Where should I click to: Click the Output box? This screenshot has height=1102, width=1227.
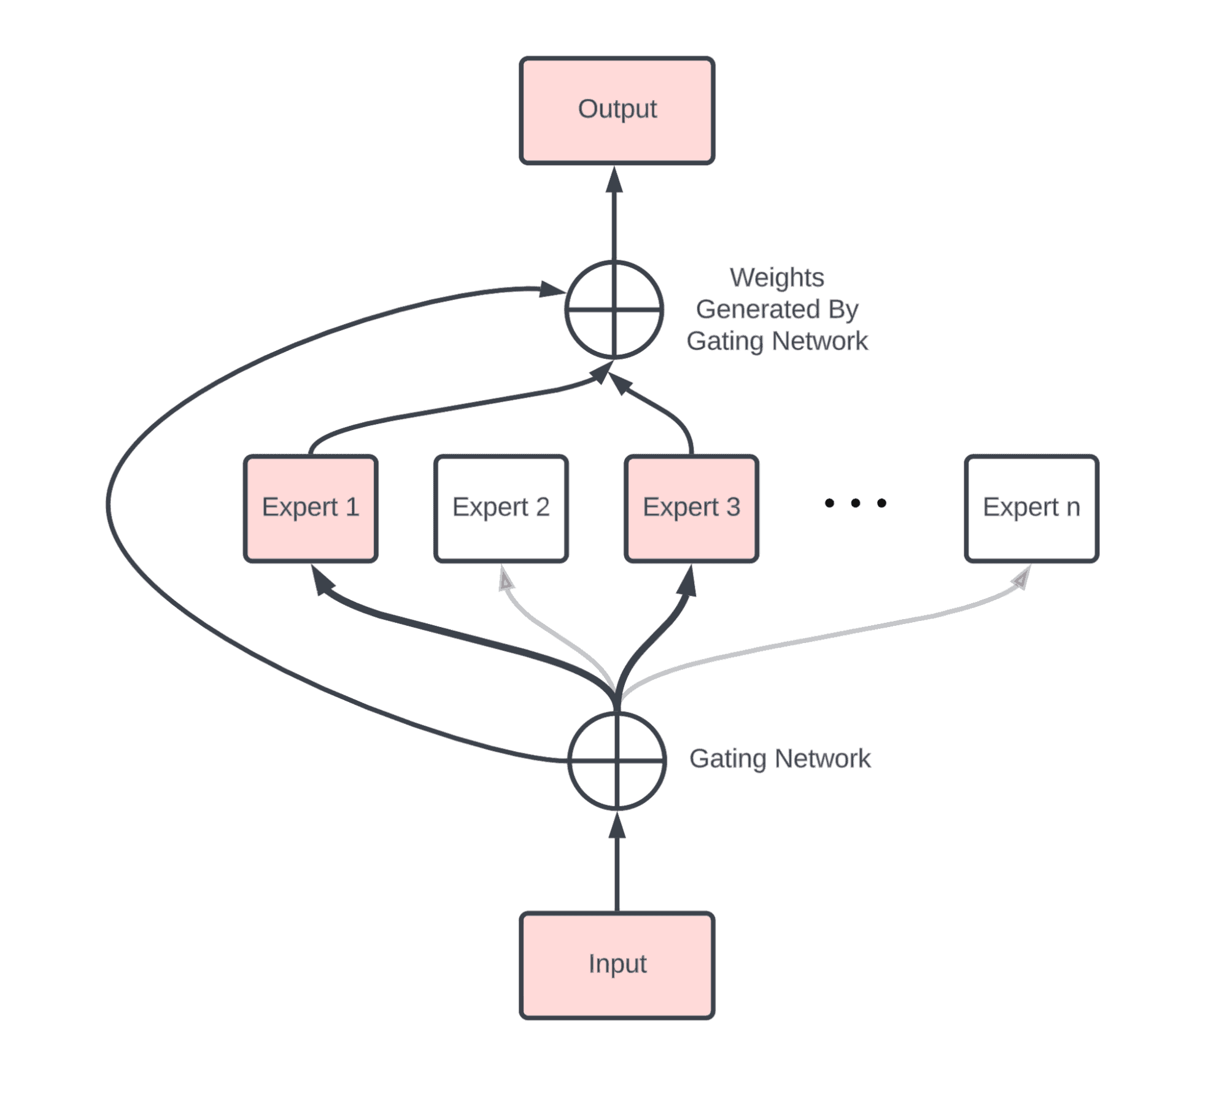[x=616, y=110]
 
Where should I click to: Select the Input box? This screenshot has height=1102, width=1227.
[x=616, y=965]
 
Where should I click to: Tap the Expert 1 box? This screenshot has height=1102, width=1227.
[x=310, y=508]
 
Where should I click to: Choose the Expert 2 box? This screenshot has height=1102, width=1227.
[x=500, y=508]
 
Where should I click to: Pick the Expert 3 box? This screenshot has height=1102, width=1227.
[x=691, y=508]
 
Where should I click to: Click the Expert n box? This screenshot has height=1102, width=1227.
[x=1031, y=508]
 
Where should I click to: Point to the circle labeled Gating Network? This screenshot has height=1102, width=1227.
[x=616, y=760]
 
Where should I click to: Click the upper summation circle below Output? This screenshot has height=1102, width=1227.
[x=613, y=310]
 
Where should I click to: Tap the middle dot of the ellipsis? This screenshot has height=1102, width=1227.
[x=855, y=503]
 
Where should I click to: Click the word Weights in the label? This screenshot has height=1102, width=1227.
[x=776, y=277]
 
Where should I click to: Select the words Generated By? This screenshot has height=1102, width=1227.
[x=776, y=309]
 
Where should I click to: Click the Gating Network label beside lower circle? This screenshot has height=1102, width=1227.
[x=779, y=758]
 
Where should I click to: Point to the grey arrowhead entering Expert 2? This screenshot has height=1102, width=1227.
[x=505, y=578]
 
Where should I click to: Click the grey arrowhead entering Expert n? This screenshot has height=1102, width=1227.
[x=1021, y=578]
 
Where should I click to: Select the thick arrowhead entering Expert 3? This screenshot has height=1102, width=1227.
[x=688, y=580]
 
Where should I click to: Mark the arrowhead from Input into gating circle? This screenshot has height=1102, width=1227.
[x=616, y=825]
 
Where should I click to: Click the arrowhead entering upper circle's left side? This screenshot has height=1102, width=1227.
[x=551, y=289]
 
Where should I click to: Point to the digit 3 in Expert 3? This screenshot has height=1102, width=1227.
[x=733, y=507]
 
